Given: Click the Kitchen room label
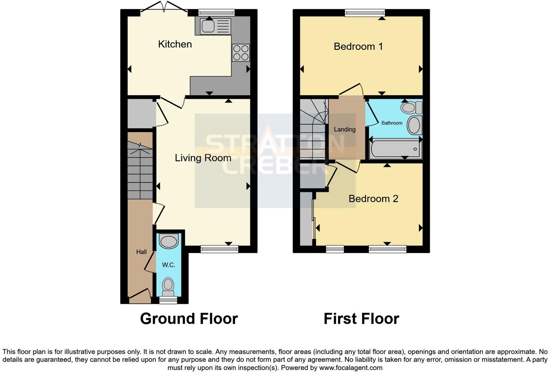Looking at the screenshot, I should tap(175, 44).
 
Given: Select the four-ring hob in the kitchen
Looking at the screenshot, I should tap(241, 52).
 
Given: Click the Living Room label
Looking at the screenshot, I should tap(203, 158).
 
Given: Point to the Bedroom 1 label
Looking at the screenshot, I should tap(358, 46).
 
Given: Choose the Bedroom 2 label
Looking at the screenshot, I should tap(373, 199).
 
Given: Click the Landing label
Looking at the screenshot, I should tap(344, 129).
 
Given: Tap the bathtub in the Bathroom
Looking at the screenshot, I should tap(395, 149).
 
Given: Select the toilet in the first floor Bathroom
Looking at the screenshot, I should tap(412, 107).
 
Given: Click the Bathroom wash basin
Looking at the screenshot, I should tap(414, 125).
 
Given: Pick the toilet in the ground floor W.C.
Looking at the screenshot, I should tap(168, 286).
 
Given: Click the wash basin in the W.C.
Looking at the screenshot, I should tap(169, 241).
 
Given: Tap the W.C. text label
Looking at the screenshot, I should tap(169, 265).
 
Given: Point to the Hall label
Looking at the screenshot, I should tap(141, 252).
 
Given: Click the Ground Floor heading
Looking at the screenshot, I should tap(189, 319).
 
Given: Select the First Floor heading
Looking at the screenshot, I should tap(361, 319).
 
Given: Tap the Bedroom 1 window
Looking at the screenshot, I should tap(365, 13).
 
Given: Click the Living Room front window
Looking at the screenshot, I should tap(220, 248).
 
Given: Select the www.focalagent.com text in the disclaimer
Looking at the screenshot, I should tap(351, 368).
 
